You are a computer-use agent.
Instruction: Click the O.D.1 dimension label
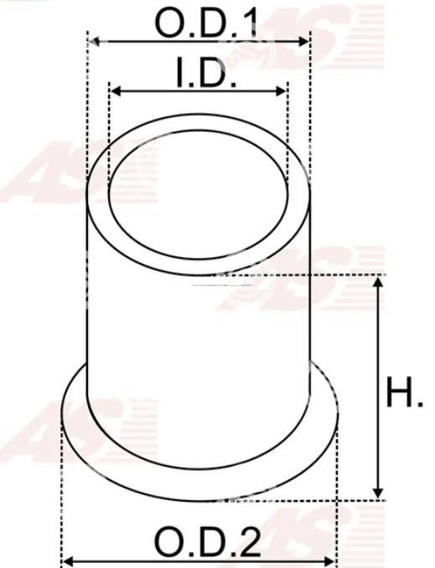tap(206, 23)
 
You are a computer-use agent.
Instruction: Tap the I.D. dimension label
tap(206, 72)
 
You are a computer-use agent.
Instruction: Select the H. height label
tap(404, 392)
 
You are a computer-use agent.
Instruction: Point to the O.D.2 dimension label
tap(208, 541)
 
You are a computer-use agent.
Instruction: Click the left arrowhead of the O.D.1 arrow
tap(94, 42)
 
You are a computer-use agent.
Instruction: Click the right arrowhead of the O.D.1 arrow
tap(303, 42)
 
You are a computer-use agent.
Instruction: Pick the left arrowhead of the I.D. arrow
tap(116, 91)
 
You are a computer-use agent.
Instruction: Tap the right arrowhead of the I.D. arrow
tap(281, 91)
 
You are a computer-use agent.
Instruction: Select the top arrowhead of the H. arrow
tap(378, 282)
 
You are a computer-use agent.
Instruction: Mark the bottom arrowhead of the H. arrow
tap(378, 493)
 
